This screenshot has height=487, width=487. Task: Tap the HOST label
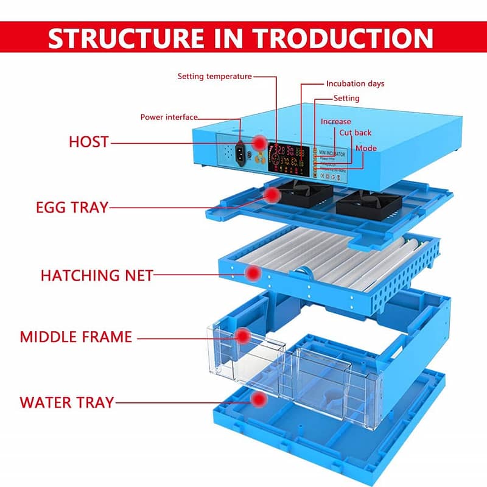(x=88, y=142)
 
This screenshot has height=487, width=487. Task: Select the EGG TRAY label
(x=71, y=208)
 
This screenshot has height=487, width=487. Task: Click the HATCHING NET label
(x=97, y=275)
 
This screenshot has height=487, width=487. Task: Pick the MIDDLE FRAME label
(x=76, y=337)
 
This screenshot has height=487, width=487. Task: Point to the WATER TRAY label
(x=66, y=402)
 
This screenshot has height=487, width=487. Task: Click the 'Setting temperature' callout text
(x=214, y=77)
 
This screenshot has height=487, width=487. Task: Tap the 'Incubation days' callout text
(x=355, y=83)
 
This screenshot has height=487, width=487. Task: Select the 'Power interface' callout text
(x=169, y=117)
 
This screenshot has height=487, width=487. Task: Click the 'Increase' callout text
(x=336, y=122)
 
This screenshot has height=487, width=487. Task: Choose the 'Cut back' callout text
(x=355, y=133)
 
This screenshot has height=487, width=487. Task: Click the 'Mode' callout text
(x=366, y=148)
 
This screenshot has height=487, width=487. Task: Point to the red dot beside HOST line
(x=260, y=142)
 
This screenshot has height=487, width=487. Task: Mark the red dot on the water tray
(x=260, y=400)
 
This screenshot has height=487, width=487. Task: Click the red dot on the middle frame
(x=243, y=335)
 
